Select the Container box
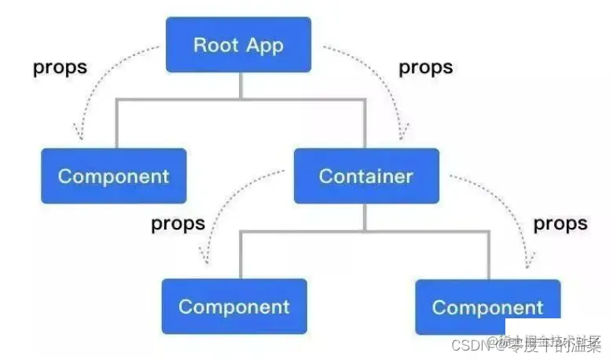(x=366, y=176)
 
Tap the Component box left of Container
(x=114, y=176)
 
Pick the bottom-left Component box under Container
(x=234, y=307)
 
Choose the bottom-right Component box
(x=487, y=307)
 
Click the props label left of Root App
(x=60, y=67)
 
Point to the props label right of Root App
(x=426, y=67)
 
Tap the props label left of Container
(x=178, y=223)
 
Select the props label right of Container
(x=560, y=223)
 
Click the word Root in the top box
(x=215, y=44)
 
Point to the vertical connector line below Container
(x=365, y=216)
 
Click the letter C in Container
(x=325, y=176)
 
